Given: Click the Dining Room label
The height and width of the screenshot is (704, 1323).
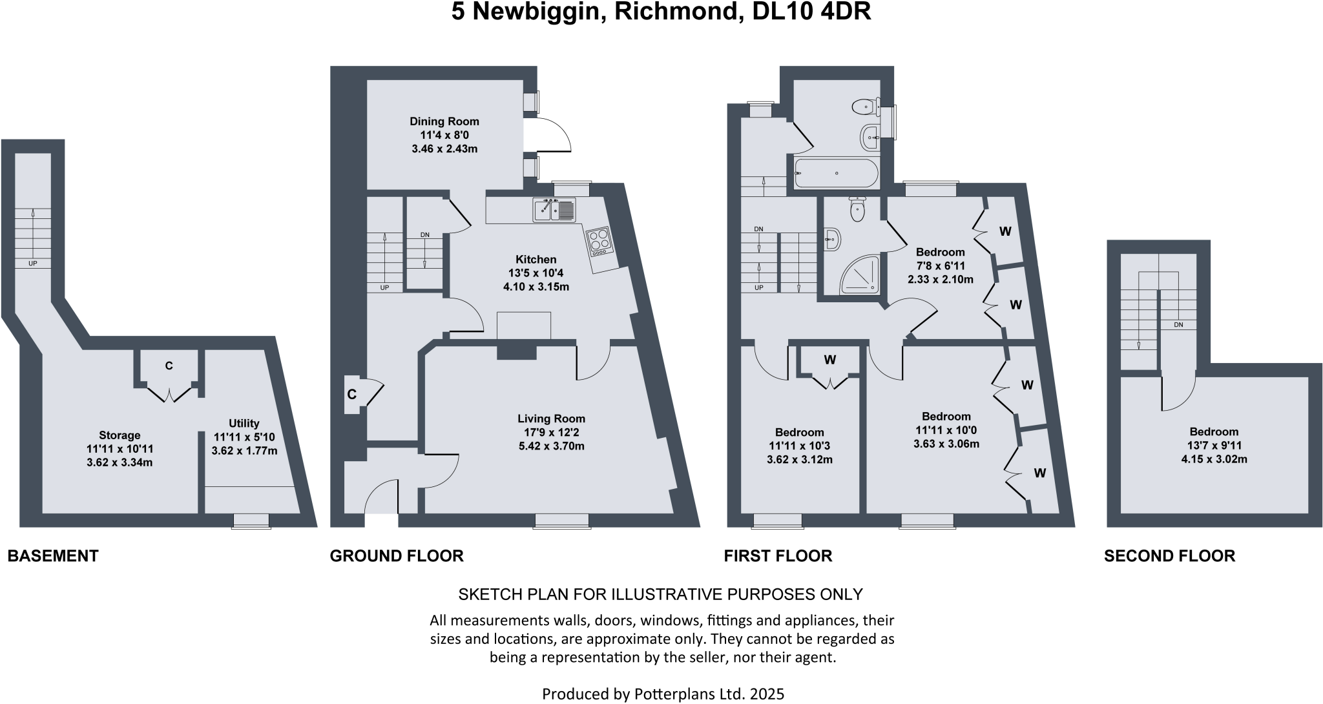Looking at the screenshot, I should click(444, 121).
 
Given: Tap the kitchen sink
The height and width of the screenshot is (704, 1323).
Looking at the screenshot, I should click(554, 211).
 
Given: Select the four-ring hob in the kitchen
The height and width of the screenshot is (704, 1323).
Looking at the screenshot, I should click(599, 240).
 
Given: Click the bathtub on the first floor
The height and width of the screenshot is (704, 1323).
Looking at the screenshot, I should click(835, 173).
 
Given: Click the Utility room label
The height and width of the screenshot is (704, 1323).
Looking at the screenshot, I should click(244, 424).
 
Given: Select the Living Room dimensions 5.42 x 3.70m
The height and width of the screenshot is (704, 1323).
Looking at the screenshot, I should click(551, 446).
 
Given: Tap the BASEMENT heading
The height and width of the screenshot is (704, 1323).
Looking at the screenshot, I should click(53, 556).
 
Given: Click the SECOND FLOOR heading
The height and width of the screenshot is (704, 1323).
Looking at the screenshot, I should click(1169, 556).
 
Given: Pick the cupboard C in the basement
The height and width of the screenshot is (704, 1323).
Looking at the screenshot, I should click(169, 366).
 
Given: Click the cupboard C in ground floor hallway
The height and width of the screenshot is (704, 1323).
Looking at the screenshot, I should click(352, 394).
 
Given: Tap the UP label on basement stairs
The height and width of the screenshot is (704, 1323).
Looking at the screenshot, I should click(32, 264).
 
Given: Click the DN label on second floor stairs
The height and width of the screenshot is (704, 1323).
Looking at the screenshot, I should click(1178, 325).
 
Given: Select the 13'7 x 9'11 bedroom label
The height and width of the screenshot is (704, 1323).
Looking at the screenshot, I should click(1214, 446).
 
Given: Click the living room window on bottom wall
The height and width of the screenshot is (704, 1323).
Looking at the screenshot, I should click(561, 521).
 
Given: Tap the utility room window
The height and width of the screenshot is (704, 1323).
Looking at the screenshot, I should click(251, 521).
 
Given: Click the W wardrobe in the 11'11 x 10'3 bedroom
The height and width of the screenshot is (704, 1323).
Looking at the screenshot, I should click(830, 359).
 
